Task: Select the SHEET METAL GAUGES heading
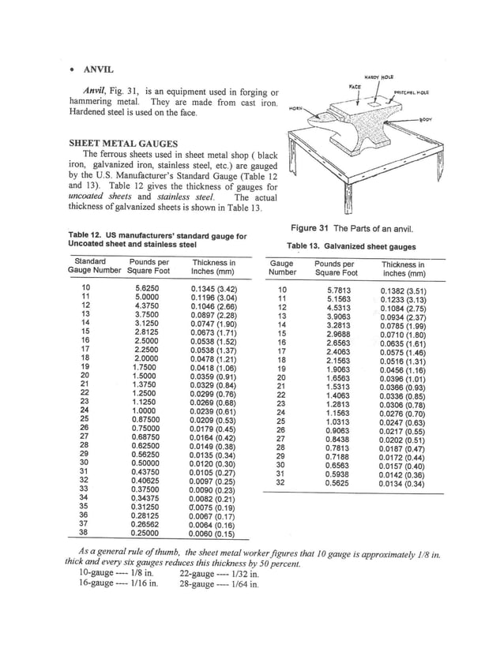(122, 143)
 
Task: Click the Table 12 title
(157, 240)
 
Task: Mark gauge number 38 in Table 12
(85, 532)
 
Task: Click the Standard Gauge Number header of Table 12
(89, 267)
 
